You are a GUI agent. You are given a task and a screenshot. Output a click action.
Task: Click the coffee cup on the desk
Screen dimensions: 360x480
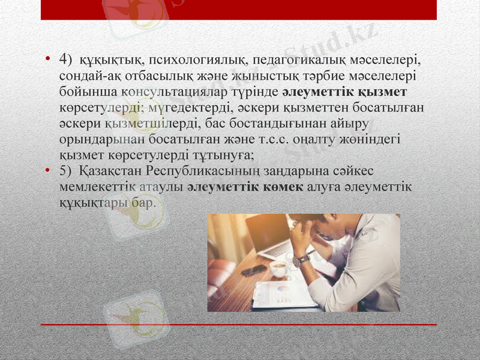point(278,268)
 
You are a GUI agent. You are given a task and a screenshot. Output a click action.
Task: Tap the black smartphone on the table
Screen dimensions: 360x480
point(254,270)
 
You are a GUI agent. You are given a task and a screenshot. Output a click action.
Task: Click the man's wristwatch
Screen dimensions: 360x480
point(302,259)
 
